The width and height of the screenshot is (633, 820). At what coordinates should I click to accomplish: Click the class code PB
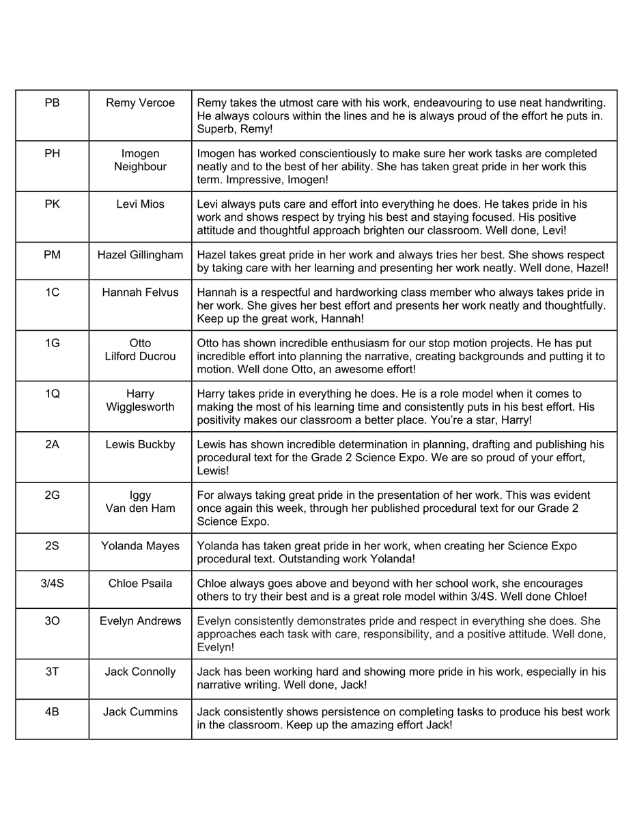(52, 103)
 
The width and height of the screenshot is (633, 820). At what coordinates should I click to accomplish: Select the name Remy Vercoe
(140, 103)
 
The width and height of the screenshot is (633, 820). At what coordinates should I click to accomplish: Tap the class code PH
(52, 154)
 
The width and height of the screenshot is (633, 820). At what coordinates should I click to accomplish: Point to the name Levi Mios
(140, 204)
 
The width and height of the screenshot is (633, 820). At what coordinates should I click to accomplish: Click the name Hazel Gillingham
(140, 255)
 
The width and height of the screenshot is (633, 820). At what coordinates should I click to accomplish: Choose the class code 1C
(52, 292)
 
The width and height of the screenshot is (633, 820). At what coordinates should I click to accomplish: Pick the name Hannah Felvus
(140, 292)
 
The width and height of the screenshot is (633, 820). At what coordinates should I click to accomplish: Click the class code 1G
(52, 343)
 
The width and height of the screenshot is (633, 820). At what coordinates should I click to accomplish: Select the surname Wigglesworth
(140, 407)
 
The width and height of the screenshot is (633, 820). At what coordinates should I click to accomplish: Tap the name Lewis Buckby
(140, 444)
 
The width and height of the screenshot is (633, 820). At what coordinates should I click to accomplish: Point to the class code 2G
(52, 495)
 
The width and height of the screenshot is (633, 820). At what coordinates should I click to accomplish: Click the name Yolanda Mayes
(140, 546)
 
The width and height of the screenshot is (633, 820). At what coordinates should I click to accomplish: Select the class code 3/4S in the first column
(52, 584)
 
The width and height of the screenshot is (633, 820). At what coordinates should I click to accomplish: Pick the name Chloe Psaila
(140, 584)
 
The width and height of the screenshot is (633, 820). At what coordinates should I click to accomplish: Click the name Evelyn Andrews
(140, 621)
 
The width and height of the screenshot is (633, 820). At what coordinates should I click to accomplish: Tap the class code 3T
(52, 672)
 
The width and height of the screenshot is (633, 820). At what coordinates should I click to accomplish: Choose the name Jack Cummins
(140, 712)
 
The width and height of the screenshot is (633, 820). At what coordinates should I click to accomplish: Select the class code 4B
(52, 712)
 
